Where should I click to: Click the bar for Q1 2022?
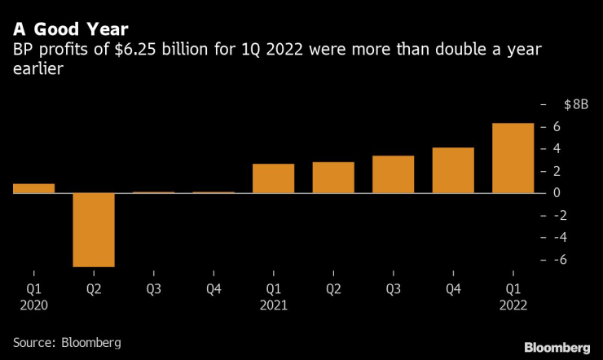tap(513, 158)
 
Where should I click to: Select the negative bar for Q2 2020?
tap(94, 230)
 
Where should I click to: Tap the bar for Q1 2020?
tap(33, 188)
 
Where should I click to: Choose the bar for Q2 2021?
tap(333, 178)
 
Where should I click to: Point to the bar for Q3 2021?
tap(394, 174)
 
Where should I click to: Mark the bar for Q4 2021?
tap(453, 170)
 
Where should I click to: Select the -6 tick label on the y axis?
tap(557, 260)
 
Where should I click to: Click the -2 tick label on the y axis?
tap(557, 215)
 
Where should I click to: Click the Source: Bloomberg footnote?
tap(67, 343)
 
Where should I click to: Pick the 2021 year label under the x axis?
tap(274, 305)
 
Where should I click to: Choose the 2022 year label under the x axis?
tap(513, 305)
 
